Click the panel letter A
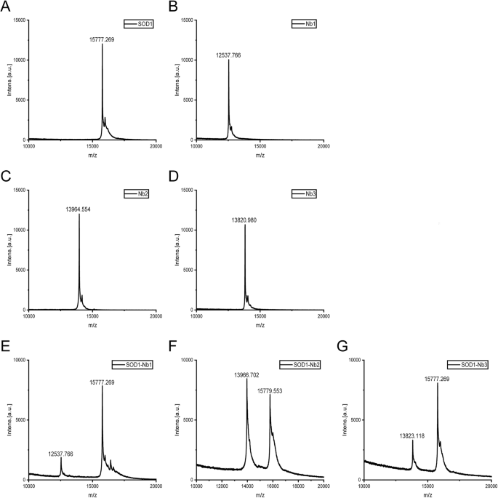[x=7, y=7]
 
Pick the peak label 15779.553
[x=273, y=390]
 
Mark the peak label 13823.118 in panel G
[x=414, y=435]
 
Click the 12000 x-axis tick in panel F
[x=222, y=486]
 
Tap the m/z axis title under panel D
[x=260, y=324]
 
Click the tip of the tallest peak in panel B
[x=228, y=60]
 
